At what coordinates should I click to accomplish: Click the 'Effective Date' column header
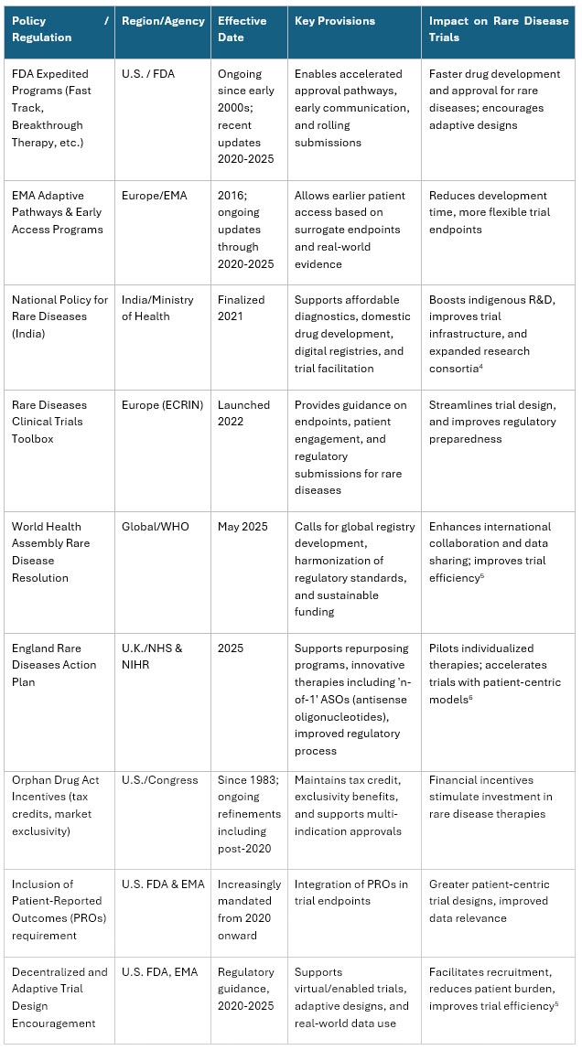coord(242,29)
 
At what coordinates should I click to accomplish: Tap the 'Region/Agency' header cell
coord(157,21)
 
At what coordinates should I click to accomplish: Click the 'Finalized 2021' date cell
coord(242,308)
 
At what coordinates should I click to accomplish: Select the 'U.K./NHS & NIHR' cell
coord(152,657)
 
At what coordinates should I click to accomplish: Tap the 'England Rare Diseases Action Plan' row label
coord(54,665)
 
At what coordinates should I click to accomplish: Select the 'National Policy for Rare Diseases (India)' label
coord(59,316)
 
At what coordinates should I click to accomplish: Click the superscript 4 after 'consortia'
coord(481,365)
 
